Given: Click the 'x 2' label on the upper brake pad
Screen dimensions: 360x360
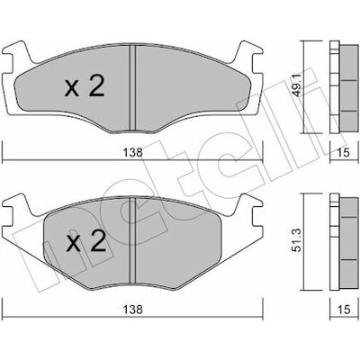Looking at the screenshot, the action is coord(85,86).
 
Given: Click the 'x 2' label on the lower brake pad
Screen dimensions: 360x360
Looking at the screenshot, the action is coord(86,240).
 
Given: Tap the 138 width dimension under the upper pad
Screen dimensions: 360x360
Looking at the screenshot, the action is coord(132,153).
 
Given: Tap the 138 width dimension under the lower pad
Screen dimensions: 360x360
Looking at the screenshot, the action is coord(132,310).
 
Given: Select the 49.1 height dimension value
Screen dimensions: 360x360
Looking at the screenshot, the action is coord(297,85).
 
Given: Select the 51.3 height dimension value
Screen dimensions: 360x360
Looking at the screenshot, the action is coord(297,240).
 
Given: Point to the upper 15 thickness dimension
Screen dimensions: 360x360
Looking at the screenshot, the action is coord(344,153).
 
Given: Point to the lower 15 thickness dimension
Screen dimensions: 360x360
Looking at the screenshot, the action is coord(344,310).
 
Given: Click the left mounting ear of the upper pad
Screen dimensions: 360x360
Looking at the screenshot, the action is coord(16,57).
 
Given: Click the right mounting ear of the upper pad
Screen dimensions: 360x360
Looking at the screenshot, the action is coord(248,57).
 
